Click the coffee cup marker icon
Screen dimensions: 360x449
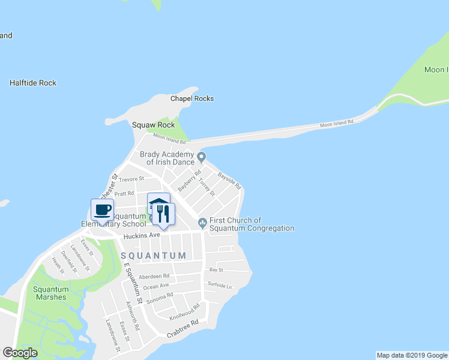[x=102, y=210]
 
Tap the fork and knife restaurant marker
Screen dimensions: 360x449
[x=163, y=214]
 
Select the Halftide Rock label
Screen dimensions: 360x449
[x=33, y=83]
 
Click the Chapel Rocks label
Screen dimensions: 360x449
[x=192, y=98]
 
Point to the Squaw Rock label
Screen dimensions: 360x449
[x=154, y=125]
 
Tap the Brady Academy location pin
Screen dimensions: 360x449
[x=202, y=158]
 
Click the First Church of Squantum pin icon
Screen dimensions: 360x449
[x=203, y=223]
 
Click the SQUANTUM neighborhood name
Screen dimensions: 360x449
[x=154, y=256]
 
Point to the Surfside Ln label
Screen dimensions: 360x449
[x=220, y=285]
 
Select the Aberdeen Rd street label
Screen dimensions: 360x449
[x=154, y=276]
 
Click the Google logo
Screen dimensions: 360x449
[x=20, y=353]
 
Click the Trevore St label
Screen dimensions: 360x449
[x=131, y=179]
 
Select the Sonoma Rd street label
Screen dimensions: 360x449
[x=160, y=296]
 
